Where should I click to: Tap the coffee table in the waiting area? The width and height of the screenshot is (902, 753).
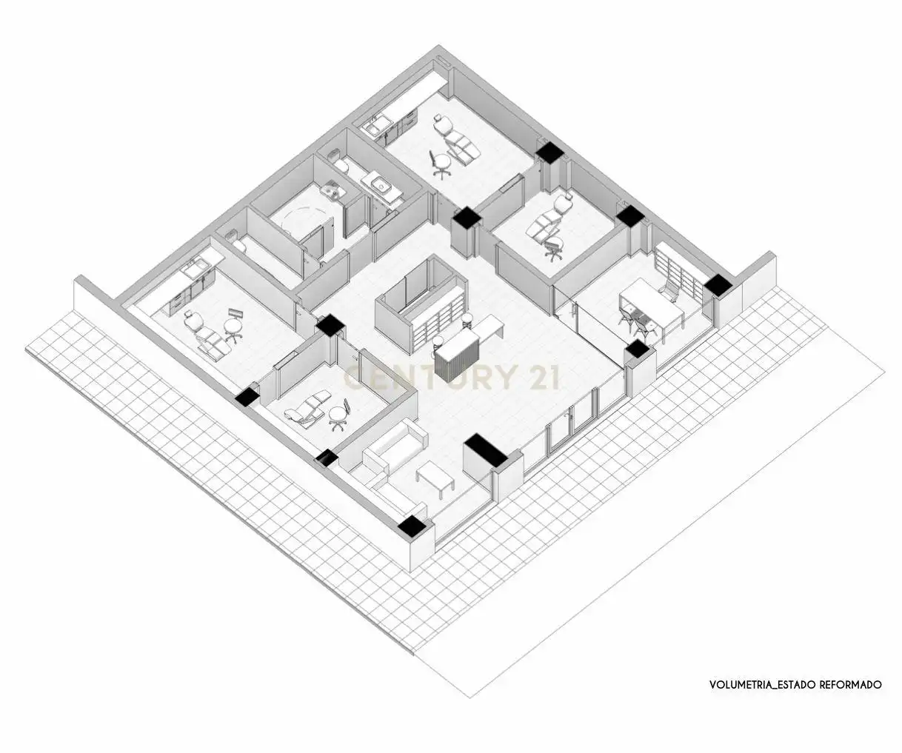pyautogui.click(x=435, y=478)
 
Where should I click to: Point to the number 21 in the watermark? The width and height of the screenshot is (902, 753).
pyautogui.click(x=540, y=377)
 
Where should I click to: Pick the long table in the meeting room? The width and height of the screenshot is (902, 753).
pyautogui.click(x=652, y=304)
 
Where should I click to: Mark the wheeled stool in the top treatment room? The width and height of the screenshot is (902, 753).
pyautogui.click(x=441, y=164)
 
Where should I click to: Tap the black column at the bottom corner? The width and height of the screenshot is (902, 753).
pyautogui.click(x=411, y=526)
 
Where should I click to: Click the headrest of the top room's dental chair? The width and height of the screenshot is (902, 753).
pyautogui.click(x=438, y=118)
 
